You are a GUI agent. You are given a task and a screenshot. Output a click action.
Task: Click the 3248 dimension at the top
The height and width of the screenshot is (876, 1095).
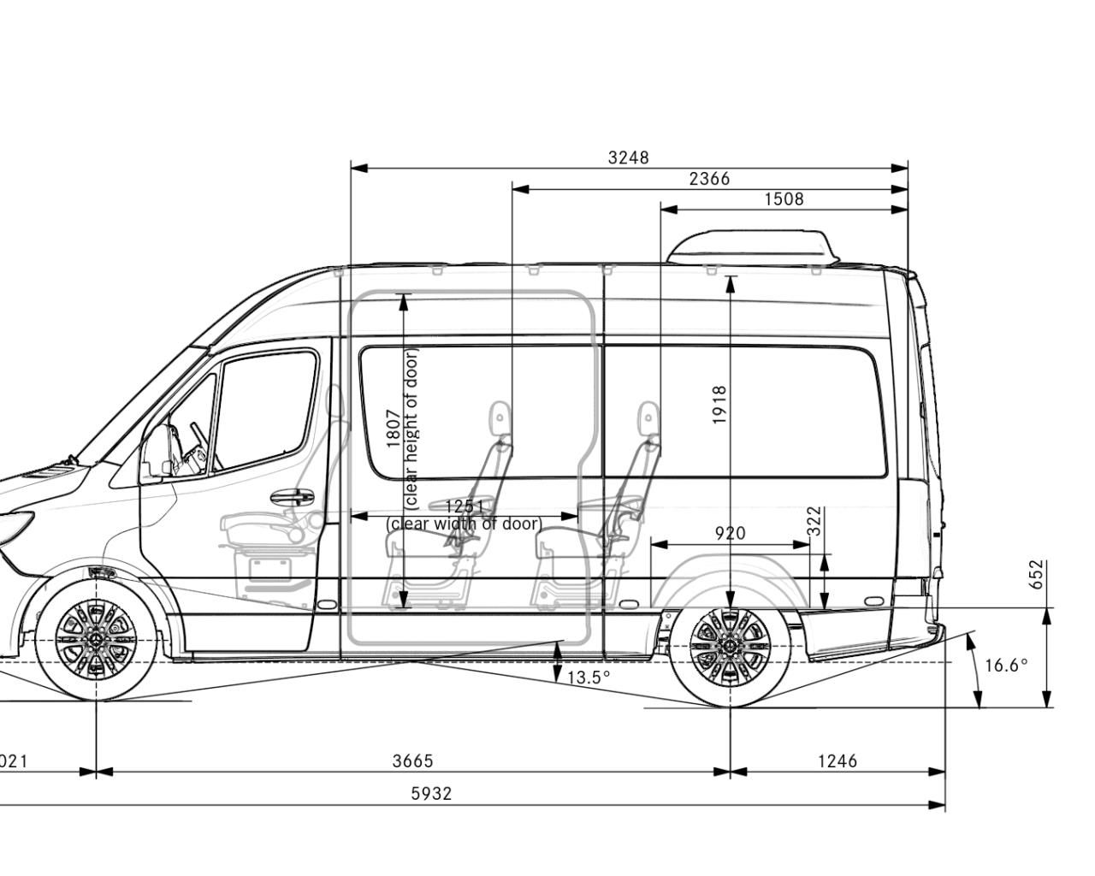(x=628, y=157)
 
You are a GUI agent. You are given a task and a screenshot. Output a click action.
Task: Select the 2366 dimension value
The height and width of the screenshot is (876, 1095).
(x=709, y=179)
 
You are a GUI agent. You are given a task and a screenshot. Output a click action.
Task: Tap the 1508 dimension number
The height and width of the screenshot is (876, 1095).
(x=784, y=199)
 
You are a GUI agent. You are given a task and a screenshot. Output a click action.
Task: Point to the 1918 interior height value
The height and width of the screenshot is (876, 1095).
(x=719, y=405)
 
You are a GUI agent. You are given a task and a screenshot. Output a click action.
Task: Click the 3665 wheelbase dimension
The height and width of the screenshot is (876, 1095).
(x=412, y=761)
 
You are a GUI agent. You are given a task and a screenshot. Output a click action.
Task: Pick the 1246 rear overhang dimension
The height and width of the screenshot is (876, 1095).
(x=837, y=761)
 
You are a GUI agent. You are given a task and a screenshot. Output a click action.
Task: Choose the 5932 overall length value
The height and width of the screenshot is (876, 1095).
(x=431, y=793)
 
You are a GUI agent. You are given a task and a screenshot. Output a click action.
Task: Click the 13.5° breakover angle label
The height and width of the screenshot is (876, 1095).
(x=589, y=678)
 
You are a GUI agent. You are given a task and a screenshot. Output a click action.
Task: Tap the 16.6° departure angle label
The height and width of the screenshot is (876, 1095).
(x=1006, y=665)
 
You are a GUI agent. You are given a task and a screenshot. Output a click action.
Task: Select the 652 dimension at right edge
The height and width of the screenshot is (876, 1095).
(x=1036, y=574)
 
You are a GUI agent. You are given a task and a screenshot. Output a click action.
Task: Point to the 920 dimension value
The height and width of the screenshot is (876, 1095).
(x=730, y=533)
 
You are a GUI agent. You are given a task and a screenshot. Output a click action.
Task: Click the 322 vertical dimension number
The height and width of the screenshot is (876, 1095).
(x=814, y=521)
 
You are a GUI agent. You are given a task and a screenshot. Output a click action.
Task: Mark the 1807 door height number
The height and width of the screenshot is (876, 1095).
(x=393, y=428)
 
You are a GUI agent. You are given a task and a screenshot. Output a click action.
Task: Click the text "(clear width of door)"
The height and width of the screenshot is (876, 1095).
(x=464, y=524)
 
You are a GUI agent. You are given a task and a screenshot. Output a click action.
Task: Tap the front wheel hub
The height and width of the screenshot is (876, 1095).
(x=96, y=640)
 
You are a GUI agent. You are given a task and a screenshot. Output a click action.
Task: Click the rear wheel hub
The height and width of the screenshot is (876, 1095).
(x=730, y=640)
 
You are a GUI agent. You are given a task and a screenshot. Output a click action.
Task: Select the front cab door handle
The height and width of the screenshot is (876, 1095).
(x=291, y=496)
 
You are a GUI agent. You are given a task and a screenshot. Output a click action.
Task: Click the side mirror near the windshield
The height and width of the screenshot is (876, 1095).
(x=156, y=453)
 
